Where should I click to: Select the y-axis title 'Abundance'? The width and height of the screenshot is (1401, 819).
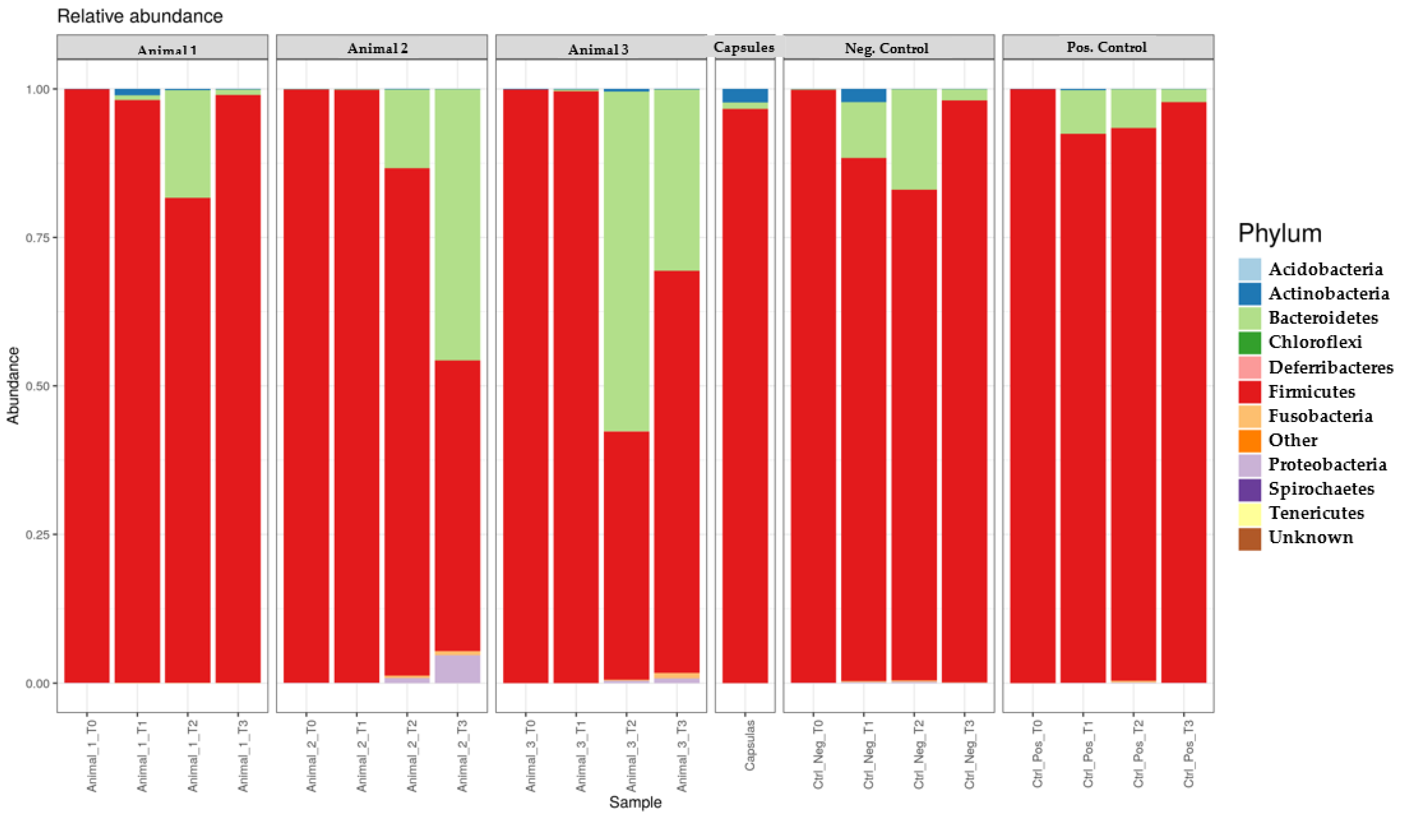click(13, 385)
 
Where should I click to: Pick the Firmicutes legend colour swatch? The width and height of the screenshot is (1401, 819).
click(1249, 392)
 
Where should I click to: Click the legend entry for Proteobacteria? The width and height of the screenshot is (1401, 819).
click(1327, 465)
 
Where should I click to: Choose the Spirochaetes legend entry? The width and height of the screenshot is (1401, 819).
click(1321, 489)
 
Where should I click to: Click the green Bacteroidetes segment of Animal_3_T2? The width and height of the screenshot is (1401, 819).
click(627, 261)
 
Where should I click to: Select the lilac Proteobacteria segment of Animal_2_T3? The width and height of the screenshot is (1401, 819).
click(458, 669)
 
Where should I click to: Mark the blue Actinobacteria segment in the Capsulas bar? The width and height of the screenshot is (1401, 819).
click(745, 95)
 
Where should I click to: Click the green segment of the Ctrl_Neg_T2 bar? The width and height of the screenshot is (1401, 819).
click(914, 139)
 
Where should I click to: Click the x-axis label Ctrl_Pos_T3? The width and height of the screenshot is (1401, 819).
click(1188, 753)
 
